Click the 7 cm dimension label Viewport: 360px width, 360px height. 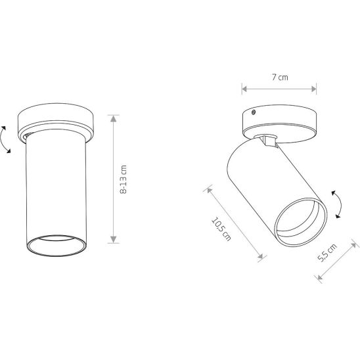[x=280, y=77]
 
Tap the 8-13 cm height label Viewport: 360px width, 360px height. [x=124, y=179]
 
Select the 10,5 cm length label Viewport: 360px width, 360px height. [x=221, y=229]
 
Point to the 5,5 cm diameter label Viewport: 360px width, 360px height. [x=327, y=252]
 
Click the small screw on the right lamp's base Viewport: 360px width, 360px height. [x=254, y=112]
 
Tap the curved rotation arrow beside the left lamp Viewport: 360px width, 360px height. [x=5, y=139]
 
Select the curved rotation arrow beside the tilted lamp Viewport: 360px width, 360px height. [x=337, y=204]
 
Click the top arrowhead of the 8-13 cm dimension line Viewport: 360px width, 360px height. [x=114, y=118]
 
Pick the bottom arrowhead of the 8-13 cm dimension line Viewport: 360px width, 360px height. [x=114, y=240]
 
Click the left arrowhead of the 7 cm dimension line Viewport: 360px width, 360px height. [x=244, y=89]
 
